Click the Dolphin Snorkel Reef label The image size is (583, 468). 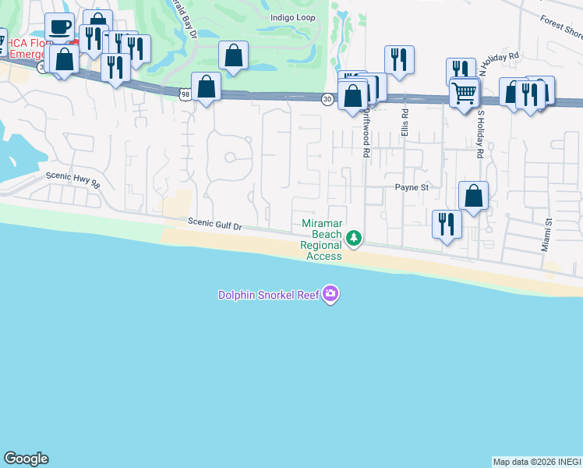coord(268,294)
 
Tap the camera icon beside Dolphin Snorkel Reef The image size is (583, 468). coord(331,294)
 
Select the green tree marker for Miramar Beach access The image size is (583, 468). coord(354,237)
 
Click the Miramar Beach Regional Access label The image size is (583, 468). coord(321,239)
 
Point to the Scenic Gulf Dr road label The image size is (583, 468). coord(215,224)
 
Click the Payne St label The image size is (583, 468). coord(412,187)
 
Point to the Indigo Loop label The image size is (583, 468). coord(293,17)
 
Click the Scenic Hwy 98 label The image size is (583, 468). coord(73,179)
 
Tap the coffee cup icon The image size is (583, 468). coord(60,27)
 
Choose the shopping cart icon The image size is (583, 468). coord(464,92)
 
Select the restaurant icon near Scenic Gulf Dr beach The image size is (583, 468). coord(447,224)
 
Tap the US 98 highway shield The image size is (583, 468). coord(185,94)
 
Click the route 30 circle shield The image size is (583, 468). coord(327,98)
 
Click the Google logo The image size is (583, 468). coord(26,459)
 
